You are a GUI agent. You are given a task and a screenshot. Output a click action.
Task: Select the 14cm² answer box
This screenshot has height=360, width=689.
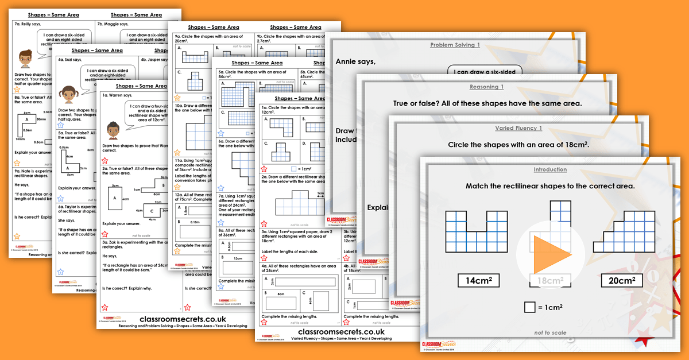(x=478, y=280)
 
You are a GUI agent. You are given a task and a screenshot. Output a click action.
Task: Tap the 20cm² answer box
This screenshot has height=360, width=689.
(x=621, y=280)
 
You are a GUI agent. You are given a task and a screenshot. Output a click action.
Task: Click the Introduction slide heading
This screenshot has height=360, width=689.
(x=550, y=169)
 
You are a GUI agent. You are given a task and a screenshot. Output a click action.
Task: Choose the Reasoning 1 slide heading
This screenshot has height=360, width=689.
(x=487, y=87)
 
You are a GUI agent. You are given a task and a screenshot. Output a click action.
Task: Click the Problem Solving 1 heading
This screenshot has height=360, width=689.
(x=455, y=45)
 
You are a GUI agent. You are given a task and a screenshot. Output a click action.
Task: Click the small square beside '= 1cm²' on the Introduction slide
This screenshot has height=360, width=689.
(x=529, y=307)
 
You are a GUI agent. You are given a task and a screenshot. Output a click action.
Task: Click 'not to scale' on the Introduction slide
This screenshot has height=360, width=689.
(x=550, y=332)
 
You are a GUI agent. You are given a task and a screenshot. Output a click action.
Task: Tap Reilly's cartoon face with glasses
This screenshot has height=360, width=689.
(x=26, y=58)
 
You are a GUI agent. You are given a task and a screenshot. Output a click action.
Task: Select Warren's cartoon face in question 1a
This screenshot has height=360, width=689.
(x=113, y=129)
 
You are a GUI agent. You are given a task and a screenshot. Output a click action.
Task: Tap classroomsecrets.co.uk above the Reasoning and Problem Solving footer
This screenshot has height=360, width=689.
(x=183, y=319)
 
